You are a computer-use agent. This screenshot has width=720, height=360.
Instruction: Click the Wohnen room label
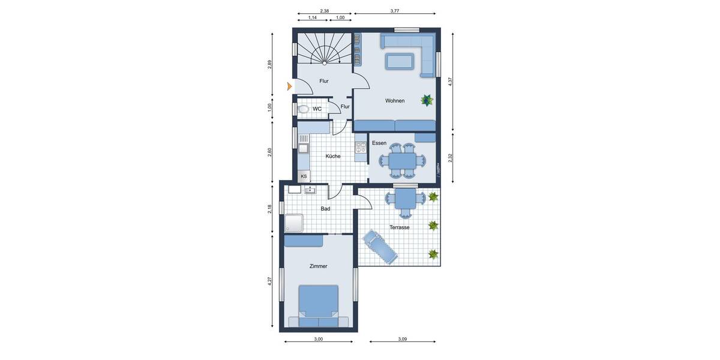tap(395, 101)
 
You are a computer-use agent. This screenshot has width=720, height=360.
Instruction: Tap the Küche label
tap(333, 156)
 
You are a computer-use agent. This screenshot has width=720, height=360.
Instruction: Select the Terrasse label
tap(399, 228)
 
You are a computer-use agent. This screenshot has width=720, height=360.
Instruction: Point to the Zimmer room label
tap(319, 266)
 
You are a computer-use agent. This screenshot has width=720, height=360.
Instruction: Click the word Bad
tap(325, 209)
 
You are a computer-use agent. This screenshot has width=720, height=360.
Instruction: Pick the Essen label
tap(379, 143)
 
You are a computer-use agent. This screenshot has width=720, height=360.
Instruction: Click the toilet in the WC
tap(303, 109)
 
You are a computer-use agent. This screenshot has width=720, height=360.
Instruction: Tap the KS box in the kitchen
tap(304, 176)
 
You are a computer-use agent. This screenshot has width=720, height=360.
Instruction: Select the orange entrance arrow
tap(290, 86)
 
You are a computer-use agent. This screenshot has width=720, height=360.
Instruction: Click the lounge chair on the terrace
tap(379, 246)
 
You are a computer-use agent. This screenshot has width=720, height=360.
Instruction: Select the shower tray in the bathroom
tap(294, 223)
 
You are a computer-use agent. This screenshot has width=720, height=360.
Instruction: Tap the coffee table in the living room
tap(400, 61)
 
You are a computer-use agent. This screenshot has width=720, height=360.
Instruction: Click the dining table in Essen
tap(400, 161)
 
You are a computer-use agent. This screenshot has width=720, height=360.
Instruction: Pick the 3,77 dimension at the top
tap(395, 11)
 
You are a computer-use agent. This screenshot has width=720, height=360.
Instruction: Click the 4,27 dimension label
tap(270, 280)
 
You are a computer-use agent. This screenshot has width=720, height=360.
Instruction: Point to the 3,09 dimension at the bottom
tap(403, 340)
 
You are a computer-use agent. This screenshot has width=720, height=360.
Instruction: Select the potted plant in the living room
tap(427, 100)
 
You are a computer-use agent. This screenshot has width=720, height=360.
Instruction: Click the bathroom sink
tap(310, 190)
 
